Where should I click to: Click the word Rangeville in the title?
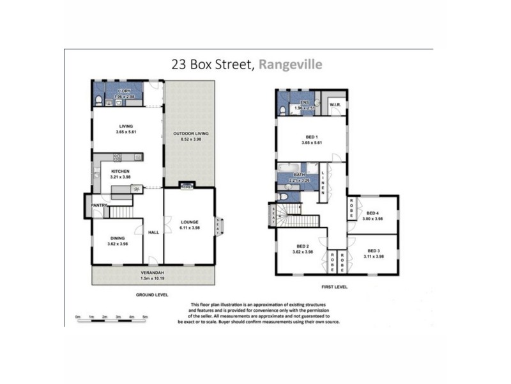pos(291,64)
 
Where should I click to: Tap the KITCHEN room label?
pos(120,172)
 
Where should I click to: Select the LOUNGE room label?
pos(189,221)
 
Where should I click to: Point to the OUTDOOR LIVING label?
pos(191,133)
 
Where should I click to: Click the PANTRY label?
pos(98,205)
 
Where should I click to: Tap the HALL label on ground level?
pos(153,232)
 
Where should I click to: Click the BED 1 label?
pos(311,136)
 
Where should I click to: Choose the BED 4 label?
pos(373,213)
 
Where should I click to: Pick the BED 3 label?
pos(373,250)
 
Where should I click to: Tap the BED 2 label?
pos(303,246)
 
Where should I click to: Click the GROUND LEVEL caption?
pos(152,295)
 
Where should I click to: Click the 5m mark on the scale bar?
pos(145,317)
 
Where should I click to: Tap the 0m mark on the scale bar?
pos(77,317)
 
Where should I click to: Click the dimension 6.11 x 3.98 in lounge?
pos(189,228)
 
